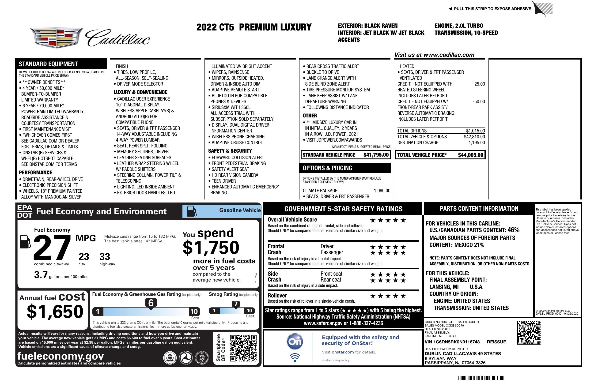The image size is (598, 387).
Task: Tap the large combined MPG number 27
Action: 52,248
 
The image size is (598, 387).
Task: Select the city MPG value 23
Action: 84,257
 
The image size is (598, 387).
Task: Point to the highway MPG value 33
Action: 105,257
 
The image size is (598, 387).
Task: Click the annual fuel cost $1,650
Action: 55,312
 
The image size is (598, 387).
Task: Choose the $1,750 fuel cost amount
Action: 211,248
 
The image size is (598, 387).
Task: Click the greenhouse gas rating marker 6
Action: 151,303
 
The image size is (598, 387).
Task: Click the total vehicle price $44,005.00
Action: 470,155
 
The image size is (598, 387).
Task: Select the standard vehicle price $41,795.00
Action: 376,155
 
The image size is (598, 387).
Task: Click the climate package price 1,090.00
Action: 382,191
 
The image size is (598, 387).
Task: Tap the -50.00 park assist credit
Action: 479,101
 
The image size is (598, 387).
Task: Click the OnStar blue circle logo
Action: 295,342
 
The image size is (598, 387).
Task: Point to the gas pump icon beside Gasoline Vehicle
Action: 192,211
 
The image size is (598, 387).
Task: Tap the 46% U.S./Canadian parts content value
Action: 513,230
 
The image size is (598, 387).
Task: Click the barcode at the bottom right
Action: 481,378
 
